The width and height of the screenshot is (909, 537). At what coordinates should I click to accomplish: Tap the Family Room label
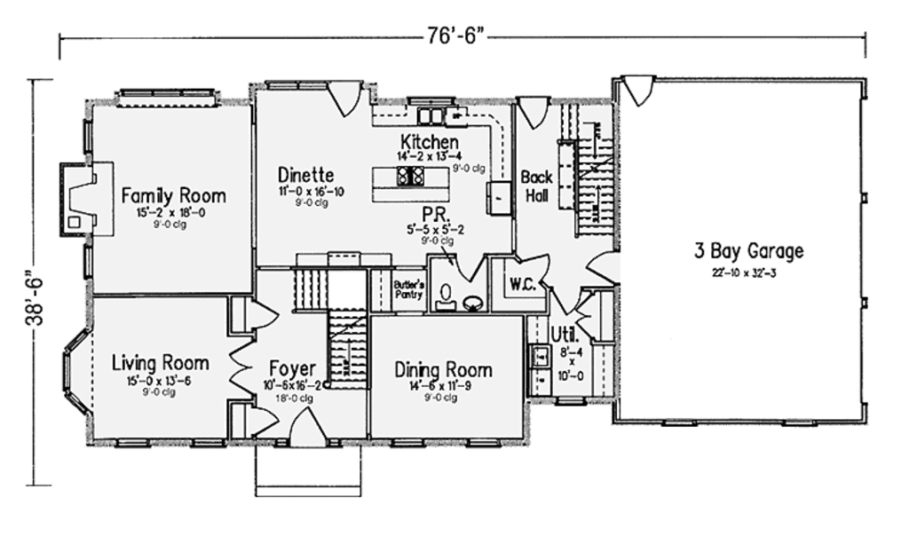click(174, 195)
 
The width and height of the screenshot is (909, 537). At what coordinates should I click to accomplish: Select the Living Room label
click(161, 362)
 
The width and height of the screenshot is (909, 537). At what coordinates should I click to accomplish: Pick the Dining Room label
click(443, 369)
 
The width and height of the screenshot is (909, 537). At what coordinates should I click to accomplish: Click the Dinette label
click(305, 174)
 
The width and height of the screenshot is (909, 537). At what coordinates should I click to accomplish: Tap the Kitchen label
click(430, 142)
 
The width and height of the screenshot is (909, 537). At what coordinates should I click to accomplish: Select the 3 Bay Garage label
click(748, 251)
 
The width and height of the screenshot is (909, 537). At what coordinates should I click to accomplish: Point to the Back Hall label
click(537, 185)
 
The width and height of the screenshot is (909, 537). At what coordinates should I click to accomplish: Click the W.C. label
click(520, 285)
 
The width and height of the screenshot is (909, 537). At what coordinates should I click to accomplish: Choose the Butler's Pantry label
click(408, 289)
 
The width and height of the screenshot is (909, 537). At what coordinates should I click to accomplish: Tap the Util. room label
click(565, 336)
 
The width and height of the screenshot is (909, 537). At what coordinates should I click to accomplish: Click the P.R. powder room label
click(435, 215)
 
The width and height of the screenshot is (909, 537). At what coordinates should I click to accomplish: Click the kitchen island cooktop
click(409, 176)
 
